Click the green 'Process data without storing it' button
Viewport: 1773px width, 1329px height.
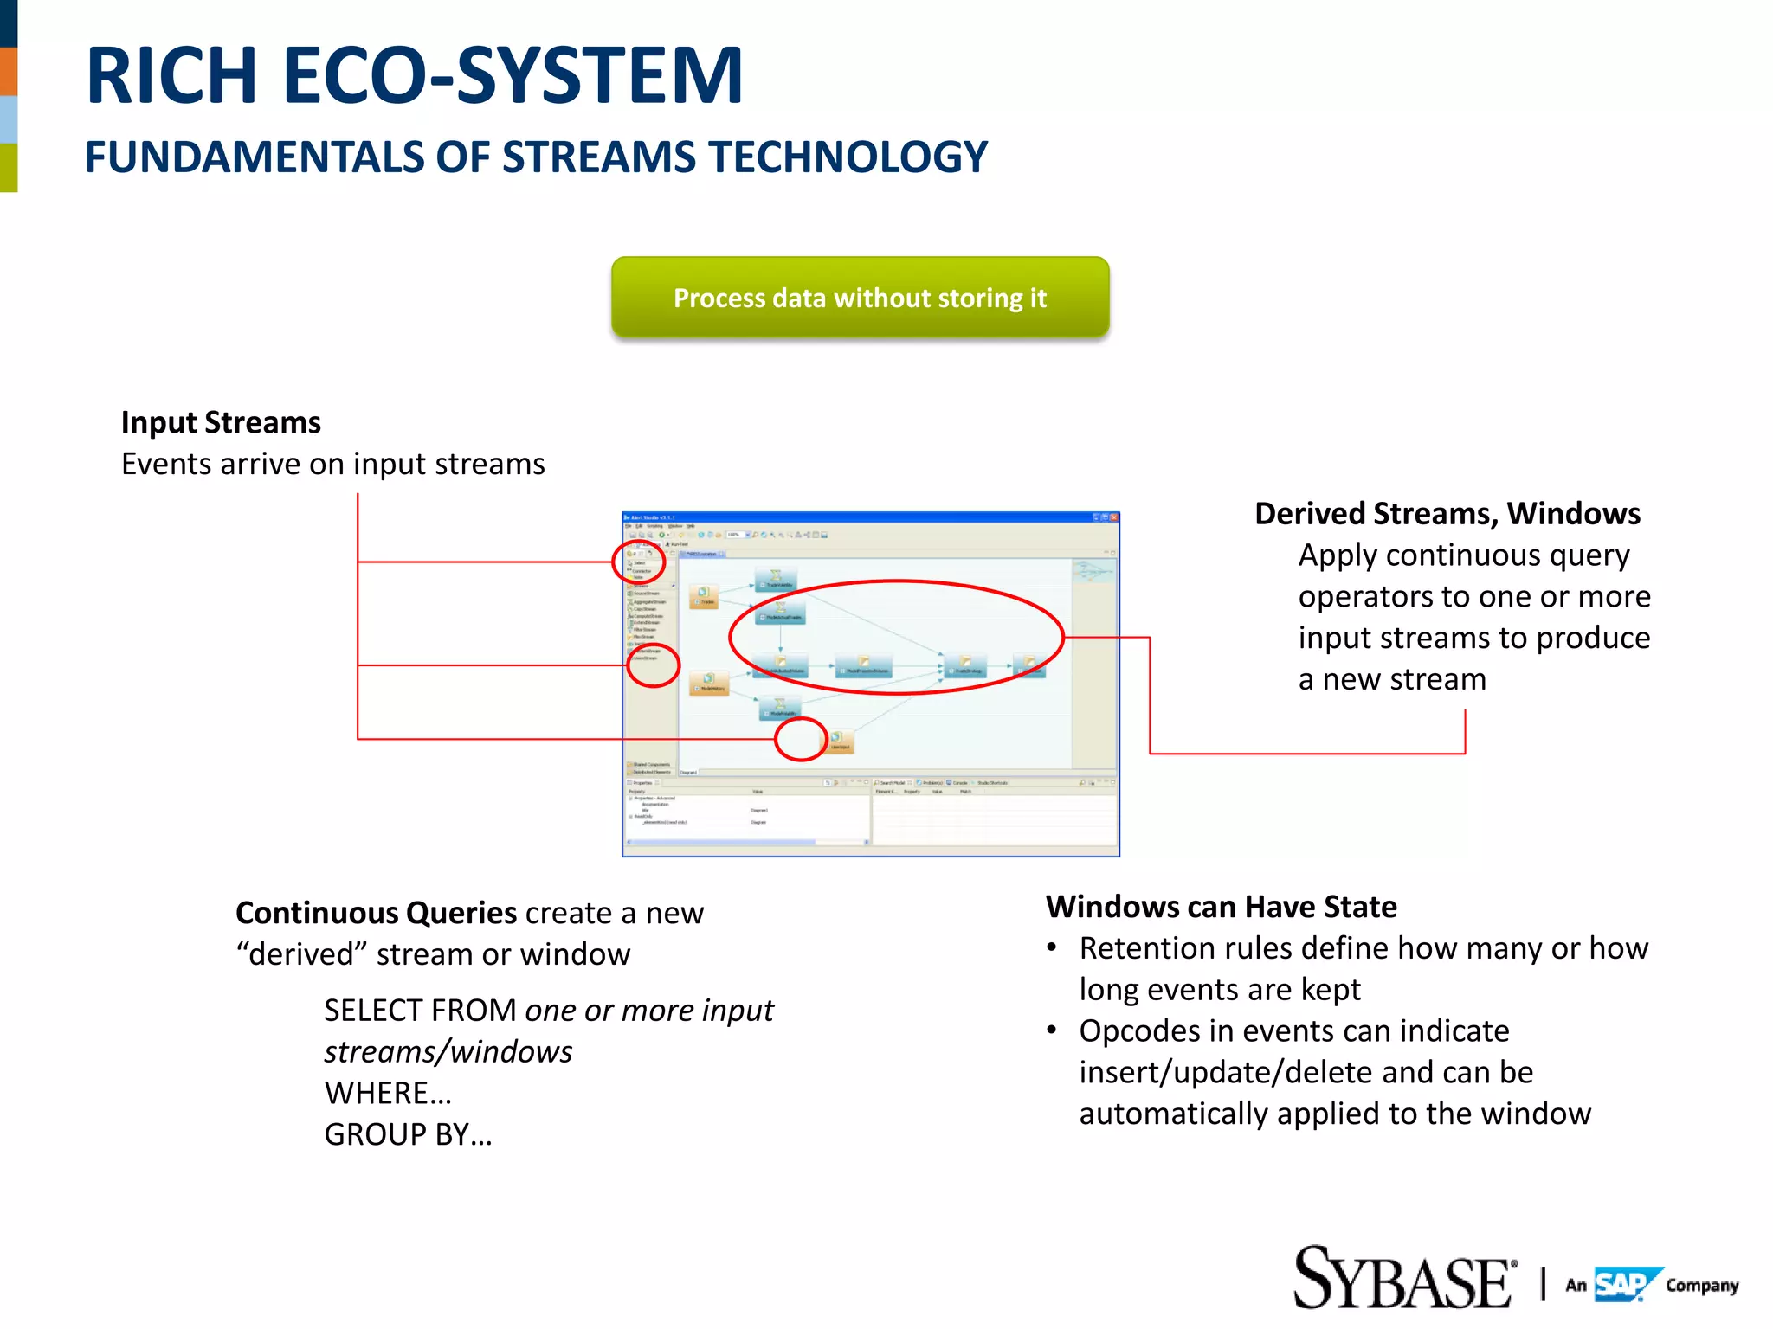click(860, 298)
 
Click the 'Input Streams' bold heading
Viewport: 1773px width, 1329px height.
click(221, 422)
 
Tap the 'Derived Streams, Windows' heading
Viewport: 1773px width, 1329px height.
click(1447, 513)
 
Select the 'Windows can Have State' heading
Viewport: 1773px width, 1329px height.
click(1221, 906)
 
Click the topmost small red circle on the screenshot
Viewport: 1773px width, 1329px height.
click(639, 562)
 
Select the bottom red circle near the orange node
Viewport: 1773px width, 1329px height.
click(801, 740)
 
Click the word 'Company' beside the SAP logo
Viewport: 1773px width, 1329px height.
click(1701, 1286)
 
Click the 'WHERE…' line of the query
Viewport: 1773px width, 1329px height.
click(388, 1093)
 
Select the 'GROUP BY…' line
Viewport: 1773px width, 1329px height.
click(408, 1134)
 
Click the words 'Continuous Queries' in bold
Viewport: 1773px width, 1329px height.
click(376, 913)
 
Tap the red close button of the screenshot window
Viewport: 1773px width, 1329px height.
click(1114, 517)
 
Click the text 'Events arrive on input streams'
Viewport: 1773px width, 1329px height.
click(332, 464)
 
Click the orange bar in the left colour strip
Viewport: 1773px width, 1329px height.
click(9, 71)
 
